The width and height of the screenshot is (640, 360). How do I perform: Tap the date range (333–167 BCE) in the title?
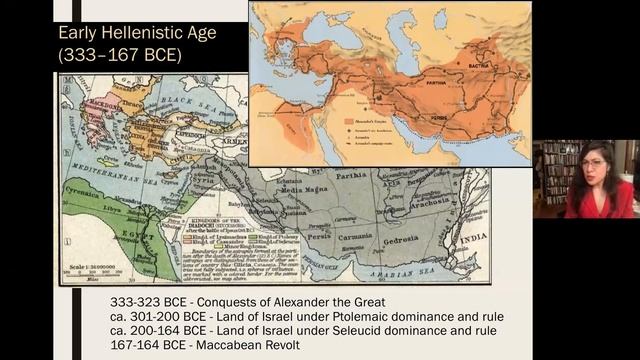[x=121, y=55]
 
